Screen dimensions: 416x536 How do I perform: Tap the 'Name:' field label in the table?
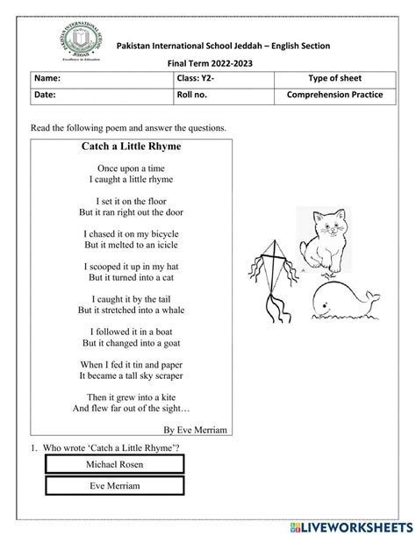(x=47, y=78)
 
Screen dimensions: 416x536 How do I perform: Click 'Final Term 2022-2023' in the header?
(x=207, y=62)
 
